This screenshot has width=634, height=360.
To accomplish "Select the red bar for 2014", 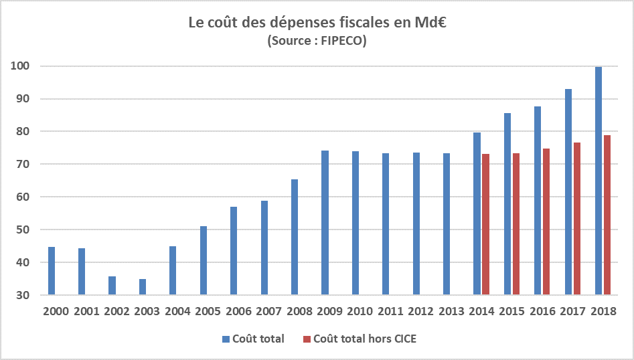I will (485, 225).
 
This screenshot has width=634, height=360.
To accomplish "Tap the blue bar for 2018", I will (599, 181).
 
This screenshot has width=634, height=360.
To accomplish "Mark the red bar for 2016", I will (546, 221).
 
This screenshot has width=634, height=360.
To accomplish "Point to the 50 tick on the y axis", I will (21, 230).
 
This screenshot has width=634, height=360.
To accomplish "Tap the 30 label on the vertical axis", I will (21, 295).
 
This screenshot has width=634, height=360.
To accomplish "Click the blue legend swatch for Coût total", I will (226, 339).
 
